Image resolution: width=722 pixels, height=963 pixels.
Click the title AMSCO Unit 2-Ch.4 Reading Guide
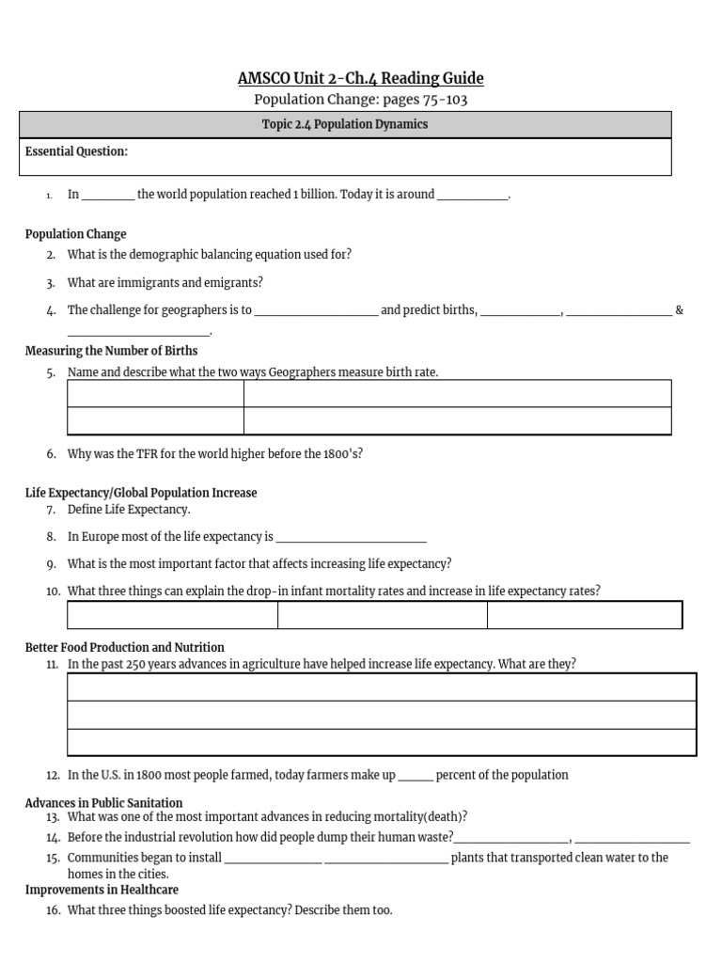pyautogui.click(x=361, y=78)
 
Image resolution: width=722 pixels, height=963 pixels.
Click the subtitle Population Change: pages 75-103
pyautogui.click(x=361, y=100)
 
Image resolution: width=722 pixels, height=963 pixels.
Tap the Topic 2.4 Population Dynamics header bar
pyautogui.click(x=345, y=124)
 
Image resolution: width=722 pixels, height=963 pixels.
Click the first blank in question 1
pyautogui.click(x=108, y=196)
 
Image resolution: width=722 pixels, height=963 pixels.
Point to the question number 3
pyautogui.click(x=51, y=283)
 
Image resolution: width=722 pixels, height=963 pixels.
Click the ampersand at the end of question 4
pyautogui.click(x=679, y=310)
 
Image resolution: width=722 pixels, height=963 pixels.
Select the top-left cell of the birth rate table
pyautogui.click(x=155, y=393)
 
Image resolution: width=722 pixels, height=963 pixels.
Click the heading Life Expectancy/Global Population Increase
pyautogui.click(x=140, y=493)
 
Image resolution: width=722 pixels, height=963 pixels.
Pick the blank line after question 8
pyautogui.click(x=351, y=538)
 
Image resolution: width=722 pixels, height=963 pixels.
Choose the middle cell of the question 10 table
pyautogui.click(x=382, y=615)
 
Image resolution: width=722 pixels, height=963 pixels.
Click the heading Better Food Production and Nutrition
pyautogui.click(x=124, y=647)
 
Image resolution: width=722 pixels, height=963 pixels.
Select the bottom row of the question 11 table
pyautogui.click(x=382, y=742)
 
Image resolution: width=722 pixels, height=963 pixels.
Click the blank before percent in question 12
pyautogui.click(x=416, y=777)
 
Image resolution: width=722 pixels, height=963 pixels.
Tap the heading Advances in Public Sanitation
pyautogui.click(x=103, y=802)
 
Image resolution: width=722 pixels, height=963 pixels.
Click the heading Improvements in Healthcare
pyautogui.click(x=102, y=890)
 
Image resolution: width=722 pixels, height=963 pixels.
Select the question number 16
pyautogui.click(x=53, y=910)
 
